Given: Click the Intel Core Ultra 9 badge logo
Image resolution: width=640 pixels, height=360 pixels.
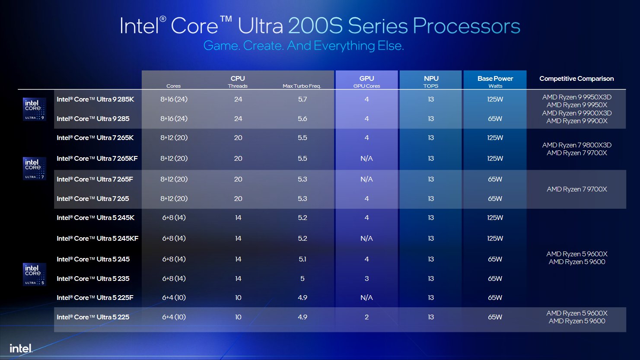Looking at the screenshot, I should pyautogui.click(x=34, y=109).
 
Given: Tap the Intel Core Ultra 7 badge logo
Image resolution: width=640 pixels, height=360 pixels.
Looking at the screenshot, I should pyautogui.click(x=34, y=169).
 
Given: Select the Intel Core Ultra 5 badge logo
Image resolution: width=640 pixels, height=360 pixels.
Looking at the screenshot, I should pyautogui.click(x=34, y=274).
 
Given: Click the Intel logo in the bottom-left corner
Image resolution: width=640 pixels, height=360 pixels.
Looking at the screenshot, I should pyautogui.click(x=21, y=348).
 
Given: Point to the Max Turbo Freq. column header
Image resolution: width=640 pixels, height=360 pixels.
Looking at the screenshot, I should pyautogui.click(x=302, y=86).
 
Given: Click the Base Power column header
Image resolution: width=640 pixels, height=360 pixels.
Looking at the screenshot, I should pyautogui.click(x=495, y=79).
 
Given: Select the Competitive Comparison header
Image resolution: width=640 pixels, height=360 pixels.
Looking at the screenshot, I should pyautogui.click(x=576, y=79).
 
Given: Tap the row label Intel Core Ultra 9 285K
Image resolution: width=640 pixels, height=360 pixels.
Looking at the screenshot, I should pyautogui.click(x=95, y=99).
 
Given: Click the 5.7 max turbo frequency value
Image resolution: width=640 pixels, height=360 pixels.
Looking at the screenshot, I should pyautogui.click(x=302, y=99).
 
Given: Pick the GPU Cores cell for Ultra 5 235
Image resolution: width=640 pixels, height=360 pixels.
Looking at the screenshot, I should pyautogui.click(x=366, y=279).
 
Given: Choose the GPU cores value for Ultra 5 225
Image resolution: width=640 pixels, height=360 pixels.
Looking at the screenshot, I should pyautogui.click(x=366, y=317).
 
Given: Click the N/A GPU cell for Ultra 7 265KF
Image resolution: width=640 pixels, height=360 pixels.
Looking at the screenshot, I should pyautogui.click(x=366, y=159).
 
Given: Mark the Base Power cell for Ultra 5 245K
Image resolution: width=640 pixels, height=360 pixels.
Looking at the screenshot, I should pyautogui.click(x=495, y=218).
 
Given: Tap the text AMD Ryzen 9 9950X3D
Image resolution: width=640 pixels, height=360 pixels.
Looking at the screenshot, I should pyautogui.click(x=577, y=97).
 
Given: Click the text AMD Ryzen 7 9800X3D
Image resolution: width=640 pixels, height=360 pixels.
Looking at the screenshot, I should pyautogui.click(x=577, y=145).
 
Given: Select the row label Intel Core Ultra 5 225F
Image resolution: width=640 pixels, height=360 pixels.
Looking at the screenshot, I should pyautogui.click(x=95, y=298).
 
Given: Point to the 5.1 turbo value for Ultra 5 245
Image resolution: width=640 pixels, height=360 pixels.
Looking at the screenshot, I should pyautogui.click(x=302, y=259).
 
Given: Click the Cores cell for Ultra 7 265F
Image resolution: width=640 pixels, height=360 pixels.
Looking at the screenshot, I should pyautogui.click(x=174, y=179).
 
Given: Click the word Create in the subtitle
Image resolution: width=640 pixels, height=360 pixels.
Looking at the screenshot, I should pyautogui.click(x=262, y=46).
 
